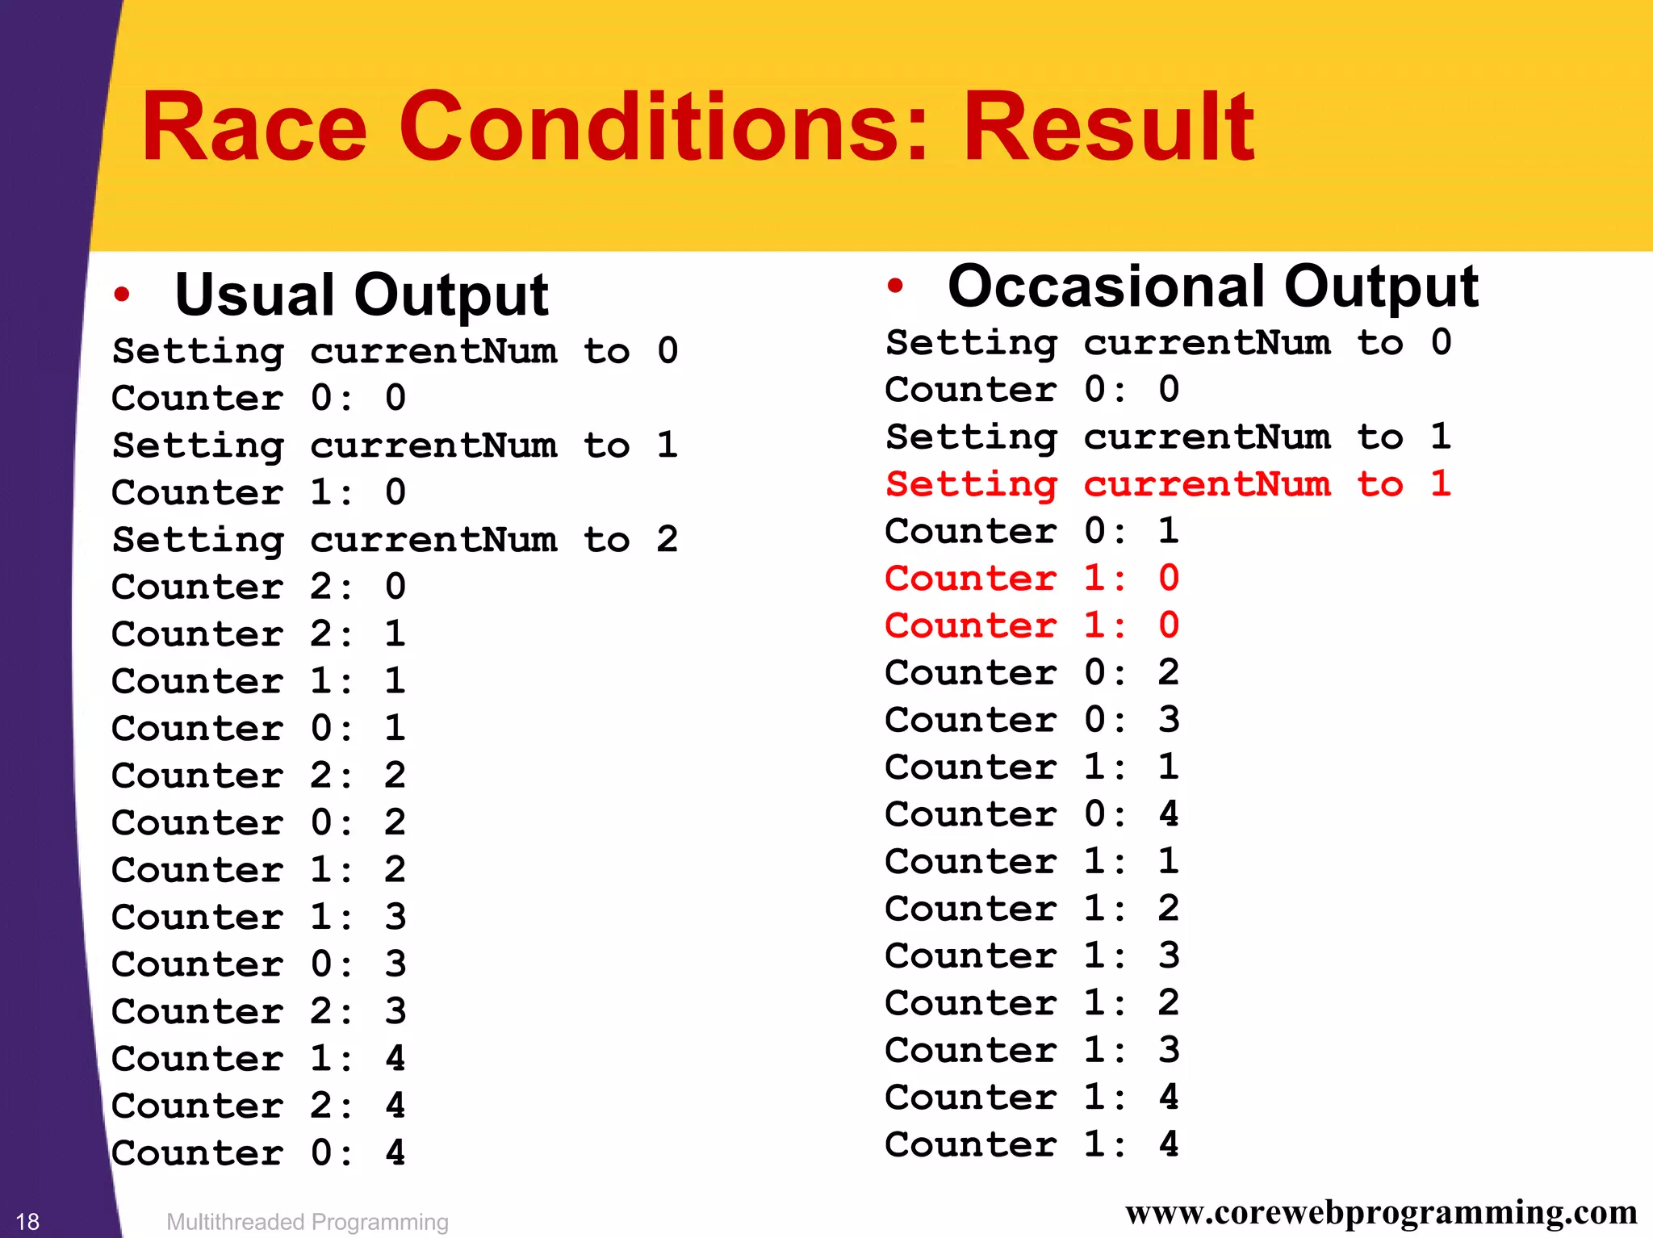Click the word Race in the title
[253, 127]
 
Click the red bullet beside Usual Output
[122, 295]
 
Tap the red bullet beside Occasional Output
[894, 286]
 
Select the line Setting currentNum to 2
[395, 540]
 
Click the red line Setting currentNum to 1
[1168, 484]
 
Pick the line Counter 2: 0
[258, 587]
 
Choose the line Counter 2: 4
[258, 1106]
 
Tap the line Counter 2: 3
[258, 1011]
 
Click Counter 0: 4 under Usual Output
[258, 1152]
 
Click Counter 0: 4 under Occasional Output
[1032, 813]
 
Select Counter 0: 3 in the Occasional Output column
[1032, 719]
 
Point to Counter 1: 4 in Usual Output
[258, 1058]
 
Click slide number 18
[27, 1221]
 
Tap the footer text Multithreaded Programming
[307, 1222]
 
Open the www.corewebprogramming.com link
[1380, 1212]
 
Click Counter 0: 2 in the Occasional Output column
[1032, 672]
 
